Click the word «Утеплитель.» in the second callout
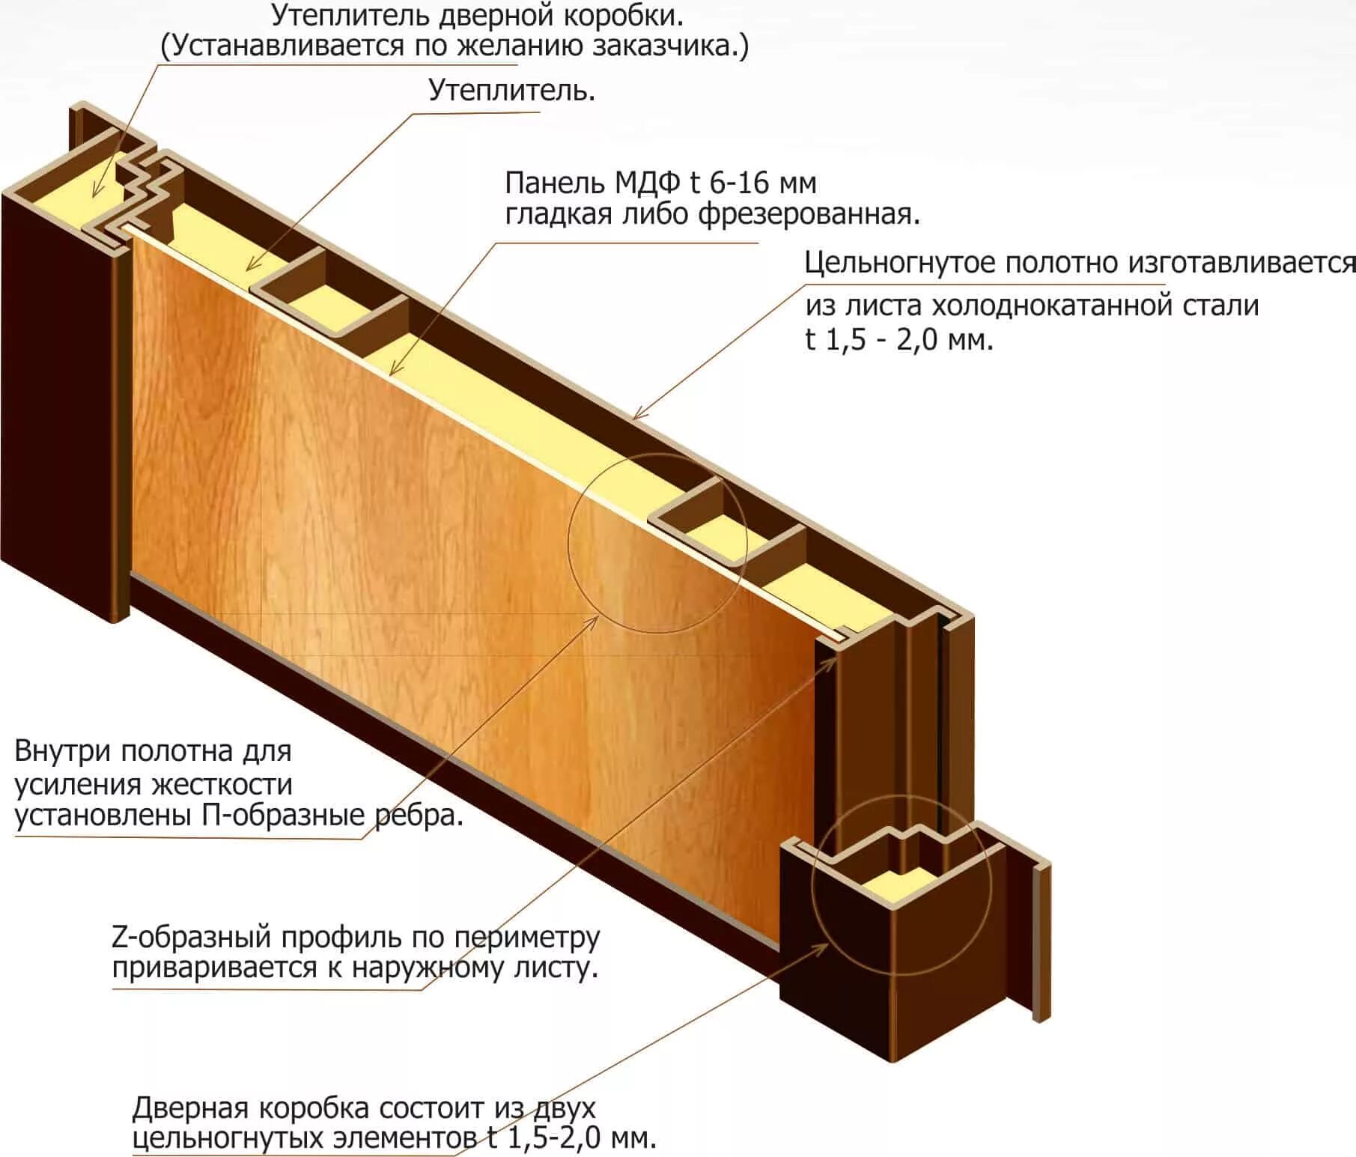tap(512, 91)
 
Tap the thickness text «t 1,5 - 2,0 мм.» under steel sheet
tap(899, 340)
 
